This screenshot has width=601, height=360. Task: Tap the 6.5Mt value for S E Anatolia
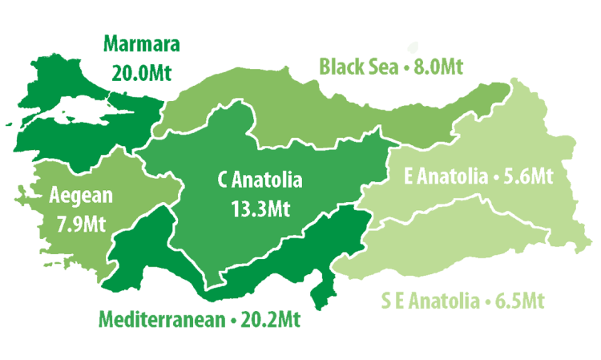pyautogui.click(x=516, y=302)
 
